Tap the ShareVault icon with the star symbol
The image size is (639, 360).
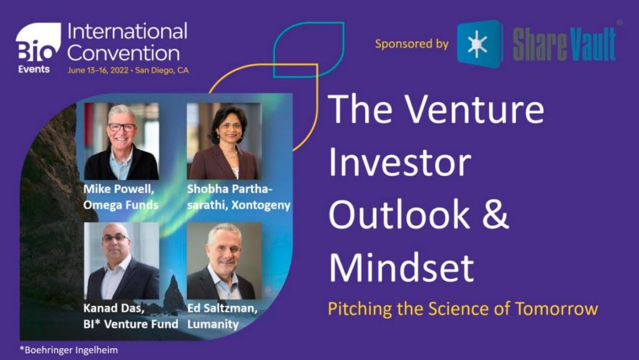(x=479, y=44)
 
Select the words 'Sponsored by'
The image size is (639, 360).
(x=411, y=44)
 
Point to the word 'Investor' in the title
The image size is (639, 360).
(x=399, y=162)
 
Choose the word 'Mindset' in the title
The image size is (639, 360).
(x=401, y=266)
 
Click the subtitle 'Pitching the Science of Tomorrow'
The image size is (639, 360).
(x=462, y=309)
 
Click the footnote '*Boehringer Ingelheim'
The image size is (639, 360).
(x=69, y=351)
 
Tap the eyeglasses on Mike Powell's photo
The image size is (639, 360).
(x=122, y=127)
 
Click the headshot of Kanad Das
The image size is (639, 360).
(x=122, y=262)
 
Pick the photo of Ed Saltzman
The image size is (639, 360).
(x=224, y=262)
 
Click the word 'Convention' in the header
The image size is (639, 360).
(x=123, y=52)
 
